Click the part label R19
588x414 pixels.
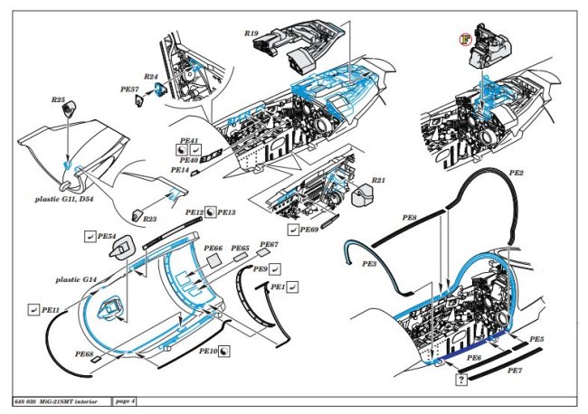[251, 33]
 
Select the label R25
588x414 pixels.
[59, 99]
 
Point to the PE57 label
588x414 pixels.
[128, 90]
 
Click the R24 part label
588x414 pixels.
[151, 78]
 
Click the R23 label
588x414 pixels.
[150, 218]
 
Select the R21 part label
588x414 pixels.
[379, 181]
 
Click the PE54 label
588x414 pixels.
[107, 237]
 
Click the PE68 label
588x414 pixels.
[84, 354]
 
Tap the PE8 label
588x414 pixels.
[409, 219]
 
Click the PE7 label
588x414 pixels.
[514, 371]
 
